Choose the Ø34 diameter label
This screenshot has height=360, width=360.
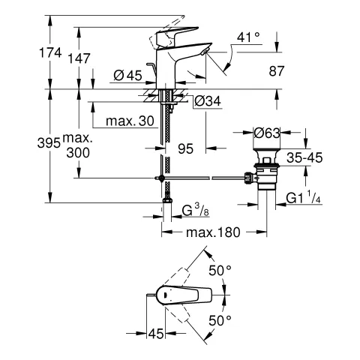[x=209, y=102]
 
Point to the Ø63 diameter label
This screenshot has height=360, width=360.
[x=268, y=133]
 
